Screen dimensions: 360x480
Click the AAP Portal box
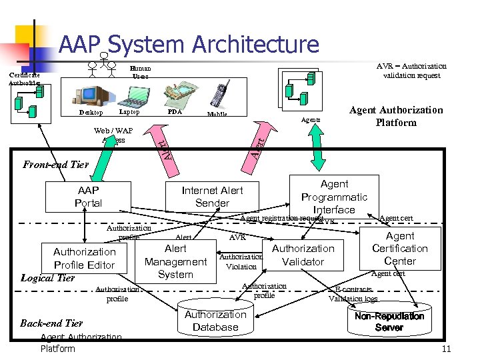[x=88, y=197]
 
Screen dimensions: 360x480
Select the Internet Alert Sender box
[x=212, y=197]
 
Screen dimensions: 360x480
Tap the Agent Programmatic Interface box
[x=334, y=196]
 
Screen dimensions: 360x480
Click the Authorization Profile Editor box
[x=84, y=258]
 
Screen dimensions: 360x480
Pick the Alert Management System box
[x=175, y=261]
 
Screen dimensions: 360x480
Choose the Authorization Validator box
[x=303, y=255]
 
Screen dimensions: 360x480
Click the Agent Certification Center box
[x=400, y=249]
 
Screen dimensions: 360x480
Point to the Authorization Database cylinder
[x=215, y=321]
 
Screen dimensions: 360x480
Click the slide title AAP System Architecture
[x=189, y=45]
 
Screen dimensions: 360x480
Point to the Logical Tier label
[x=47, y=278]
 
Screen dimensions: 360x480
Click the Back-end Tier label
[x=51, y=323]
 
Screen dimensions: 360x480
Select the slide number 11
[x=446, y=349]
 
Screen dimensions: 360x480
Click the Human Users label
[x=141, y=72]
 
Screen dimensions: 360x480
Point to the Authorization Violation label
[x=241, y=261]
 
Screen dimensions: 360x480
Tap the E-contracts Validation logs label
[x=353, y=295]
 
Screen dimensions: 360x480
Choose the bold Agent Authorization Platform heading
[x=396, y=116]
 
